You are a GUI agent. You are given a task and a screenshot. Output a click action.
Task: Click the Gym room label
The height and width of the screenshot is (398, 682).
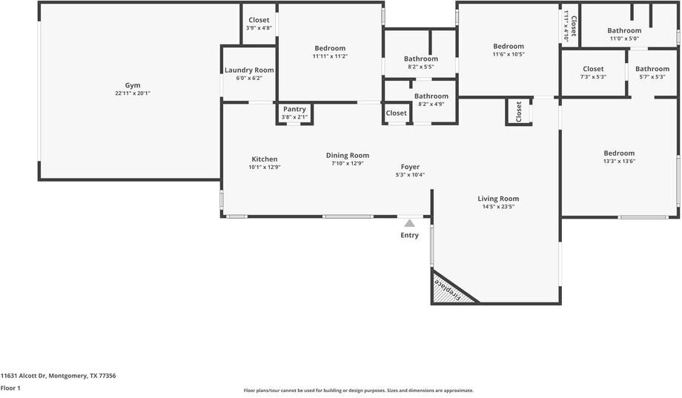click(133, 85)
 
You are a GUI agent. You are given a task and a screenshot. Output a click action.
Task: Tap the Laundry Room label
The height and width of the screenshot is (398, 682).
click(249, 70)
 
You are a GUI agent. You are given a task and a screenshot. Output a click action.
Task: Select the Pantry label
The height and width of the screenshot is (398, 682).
click(294, 109)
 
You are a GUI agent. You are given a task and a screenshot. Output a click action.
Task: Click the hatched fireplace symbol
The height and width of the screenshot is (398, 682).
click(448, 290)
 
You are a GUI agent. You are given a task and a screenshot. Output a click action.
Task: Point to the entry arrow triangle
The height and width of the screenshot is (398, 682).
click(409, 222)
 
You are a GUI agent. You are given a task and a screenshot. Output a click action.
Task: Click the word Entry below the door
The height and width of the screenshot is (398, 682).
click(409, 235)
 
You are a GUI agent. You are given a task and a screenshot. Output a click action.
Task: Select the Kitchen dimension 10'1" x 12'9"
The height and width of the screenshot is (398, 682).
click(265, 168)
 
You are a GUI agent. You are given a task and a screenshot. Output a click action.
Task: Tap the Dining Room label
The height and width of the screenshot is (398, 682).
click(348, 155)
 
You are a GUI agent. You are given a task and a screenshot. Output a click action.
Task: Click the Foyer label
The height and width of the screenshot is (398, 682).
click(410, 167)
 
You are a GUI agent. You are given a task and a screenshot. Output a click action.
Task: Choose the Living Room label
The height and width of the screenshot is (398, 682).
click(498, 199)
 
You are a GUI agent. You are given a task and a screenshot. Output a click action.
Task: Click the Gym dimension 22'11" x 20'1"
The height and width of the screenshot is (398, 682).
click(133, 93)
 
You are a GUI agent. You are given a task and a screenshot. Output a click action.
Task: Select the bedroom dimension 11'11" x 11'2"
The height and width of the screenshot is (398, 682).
click(330, 56)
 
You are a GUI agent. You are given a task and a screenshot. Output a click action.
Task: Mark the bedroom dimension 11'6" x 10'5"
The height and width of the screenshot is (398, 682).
click(509, 54)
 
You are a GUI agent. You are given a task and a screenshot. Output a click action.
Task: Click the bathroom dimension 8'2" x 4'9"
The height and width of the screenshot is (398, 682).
click(431, 104)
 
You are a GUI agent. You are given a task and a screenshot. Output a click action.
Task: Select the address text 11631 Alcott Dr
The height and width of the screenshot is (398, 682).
click(58, 376)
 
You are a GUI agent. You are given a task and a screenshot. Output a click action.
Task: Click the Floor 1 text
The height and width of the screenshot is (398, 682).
click(10, 388)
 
